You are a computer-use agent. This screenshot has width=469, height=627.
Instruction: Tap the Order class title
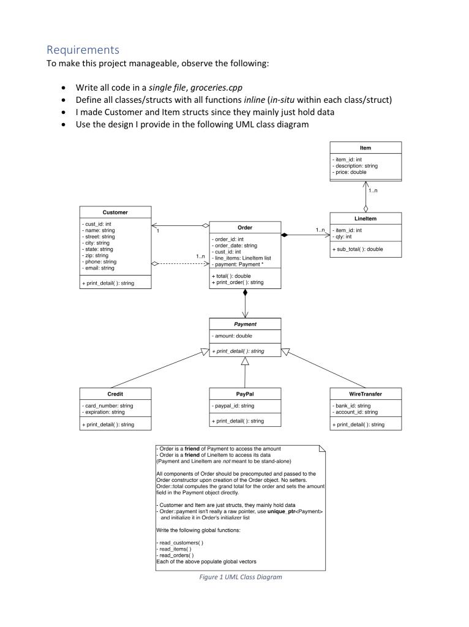245,227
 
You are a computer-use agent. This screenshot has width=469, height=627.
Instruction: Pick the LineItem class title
365,217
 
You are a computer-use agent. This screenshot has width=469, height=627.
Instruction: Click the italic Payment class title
245,324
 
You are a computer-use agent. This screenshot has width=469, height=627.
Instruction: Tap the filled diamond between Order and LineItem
284,235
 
